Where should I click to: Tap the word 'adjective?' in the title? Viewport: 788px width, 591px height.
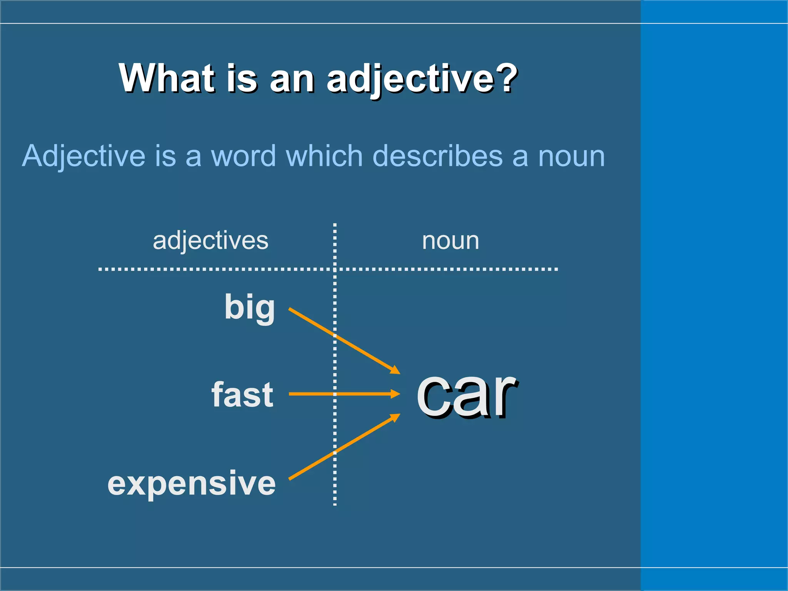422,79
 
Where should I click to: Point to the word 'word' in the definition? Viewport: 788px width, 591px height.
243,156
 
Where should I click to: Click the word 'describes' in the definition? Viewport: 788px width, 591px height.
437,156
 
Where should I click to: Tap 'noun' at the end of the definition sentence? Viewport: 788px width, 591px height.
571,157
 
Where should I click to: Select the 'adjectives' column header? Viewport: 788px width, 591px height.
210,241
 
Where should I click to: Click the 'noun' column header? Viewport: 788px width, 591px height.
451,241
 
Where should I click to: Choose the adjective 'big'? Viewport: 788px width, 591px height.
249,307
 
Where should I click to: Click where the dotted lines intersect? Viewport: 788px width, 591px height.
335,269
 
